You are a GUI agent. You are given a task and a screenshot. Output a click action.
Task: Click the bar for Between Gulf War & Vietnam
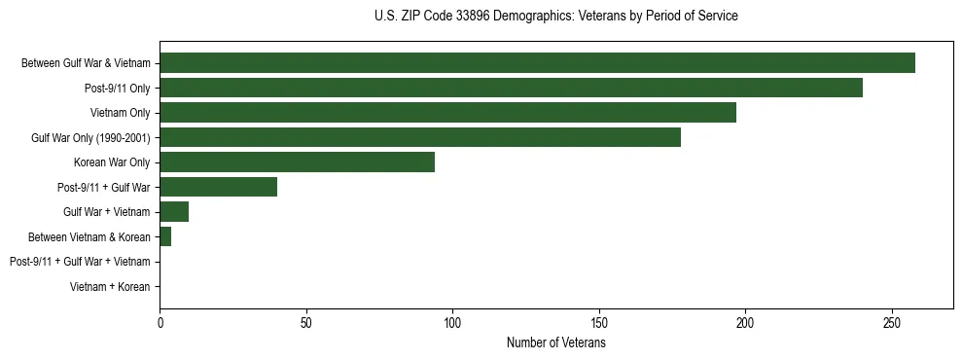537,63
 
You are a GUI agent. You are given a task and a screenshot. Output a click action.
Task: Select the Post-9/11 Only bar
511,88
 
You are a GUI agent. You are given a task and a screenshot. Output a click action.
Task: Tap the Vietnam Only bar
447,113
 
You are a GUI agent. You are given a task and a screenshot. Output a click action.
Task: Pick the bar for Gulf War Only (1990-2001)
420,137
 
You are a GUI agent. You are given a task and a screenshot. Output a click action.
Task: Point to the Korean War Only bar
297,162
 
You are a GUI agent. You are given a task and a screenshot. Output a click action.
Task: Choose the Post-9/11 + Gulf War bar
218,187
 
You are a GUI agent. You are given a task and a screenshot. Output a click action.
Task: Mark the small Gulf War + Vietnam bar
174,212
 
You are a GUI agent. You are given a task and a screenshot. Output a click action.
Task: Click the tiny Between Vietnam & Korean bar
165,236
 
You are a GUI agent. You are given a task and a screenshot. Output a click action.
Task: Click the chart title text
555,17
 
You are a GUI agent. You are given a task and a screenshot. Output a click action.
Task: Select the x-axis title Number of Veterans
555,343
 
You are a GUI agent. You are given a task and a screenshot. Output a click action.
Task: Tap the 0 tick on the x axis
160,322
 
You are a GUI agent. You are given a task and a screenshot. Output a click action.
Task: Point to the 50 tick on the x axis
306,322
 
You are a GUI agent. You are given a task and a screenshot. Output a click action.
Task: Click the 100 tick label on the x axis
452,322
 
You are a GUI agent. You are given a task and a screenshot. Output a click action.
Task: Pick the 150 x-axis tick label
599,322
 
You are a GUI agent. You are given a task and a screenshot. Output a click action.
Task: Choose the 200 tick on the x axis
745,322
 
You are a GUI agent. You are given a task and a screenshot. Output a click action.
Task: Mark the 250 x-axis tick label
892,322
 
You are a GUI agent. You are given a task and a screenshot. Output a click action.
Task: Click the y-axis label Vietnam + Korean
110,287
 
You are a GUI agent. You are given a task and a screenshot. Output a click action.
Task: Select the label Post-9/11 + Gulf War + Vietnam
80,262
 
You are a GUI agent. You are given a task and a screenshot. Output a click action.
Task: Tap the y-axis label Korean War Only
112,162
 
